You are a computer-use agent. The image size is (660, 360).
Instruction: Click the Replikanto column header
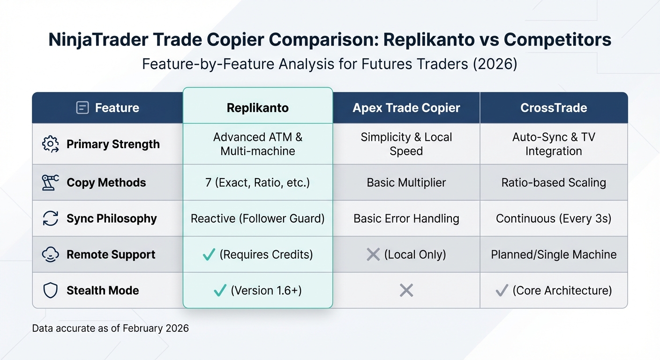pyautogui.click(x=257, y=108)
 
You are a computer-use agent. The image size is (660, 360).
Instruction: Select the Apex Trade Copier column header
pyautogui.click(x=406, y=108)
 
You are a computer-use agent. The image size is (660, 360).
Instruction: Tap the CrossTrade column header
pyautogui.click(x=554, y=108)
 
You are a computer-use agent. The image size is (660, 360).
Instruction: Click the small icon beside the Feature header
pyautogui.click(x=82, y=108)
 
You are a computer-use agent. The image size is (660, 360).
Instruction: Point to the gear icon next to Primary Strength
pyautogui.click(x=50, y=144)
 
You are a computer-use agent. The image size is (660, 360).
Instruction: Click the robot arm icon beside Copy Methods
pyautogui.click(x=50, y=182)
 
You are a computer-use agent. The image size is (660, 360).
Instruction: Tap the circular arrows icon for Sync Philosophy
pyautogui.click(x=50, y=218)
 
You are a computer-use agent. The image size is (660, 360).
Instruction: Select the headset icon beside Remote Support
pyautogui.click(x=50, y=255)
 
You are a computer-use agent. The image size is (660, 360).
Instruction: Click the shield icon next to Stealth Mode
pyautogui.click(x=50, y=291)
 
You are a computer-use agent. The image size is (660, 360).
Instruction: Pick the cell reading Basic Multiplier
pyautogui.click(x=406, y=182)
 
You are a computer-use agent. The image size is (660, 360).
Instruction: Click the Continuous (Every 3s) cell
pyautogui.click(x=554, y=218)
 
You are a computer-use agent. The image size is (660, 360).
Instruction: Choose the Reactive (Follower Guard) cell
pyautogui.click(x=257, y=218)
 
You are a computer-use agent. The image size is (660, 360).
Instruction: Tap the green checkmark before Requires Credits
pyautogui.click(x=209, y=255)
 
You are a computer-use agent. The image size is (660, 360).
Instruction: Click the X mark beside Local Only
pyautogui.click(x=373, y=255)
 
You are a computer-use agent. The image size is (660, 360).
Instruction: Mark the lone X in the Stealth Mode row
pyautogui.click(x=406, y=291)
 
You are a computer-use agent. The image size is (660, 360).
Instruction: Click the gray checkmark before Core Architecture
pyautogui.click(x=502, y=291)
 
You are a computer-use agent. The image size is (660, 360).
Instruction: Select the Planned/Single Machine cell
pyautogui.click(x=554, y=255)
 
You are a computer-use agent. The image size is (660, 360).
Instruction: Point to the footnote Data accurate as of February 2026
pyautogui.click(x=110, y=328)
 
